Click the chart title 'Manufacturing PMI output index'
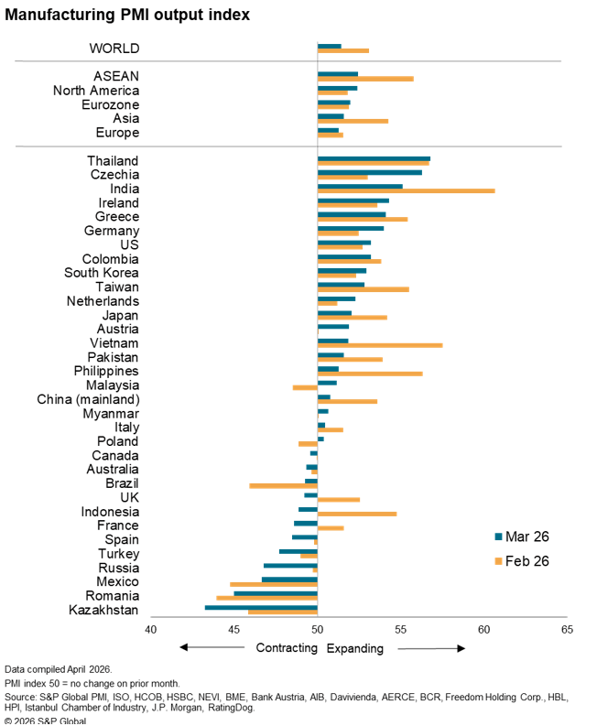[x=127, y=16]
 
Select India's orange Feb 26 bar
[x=406, y=190]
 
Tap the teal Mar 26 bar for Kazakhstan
[x=261, y=607]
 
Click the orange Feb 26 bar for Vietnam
[x=380, y=345]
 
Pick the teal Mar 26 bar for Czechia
[x=370, y=172]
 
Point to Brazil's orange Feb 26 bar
[x=283, y=485]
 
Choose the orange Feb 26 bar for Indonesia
[x=357, y=514]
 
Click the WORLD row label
[x=114, y=48]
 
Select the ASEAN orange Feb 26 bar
[x=365, y=79]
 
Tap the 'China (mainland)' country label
[x=88, y=399]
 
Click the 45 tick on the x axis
[x=234, y=629]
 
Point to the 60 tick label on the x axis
[x=484, y=629]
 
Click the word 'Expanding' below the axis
[x=355, y=648]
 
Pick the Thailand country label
[x=113, y=160]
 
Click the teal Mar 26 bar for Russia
[x=290, y=565]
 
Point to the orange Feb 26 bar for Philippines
[x=370, y=374]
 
